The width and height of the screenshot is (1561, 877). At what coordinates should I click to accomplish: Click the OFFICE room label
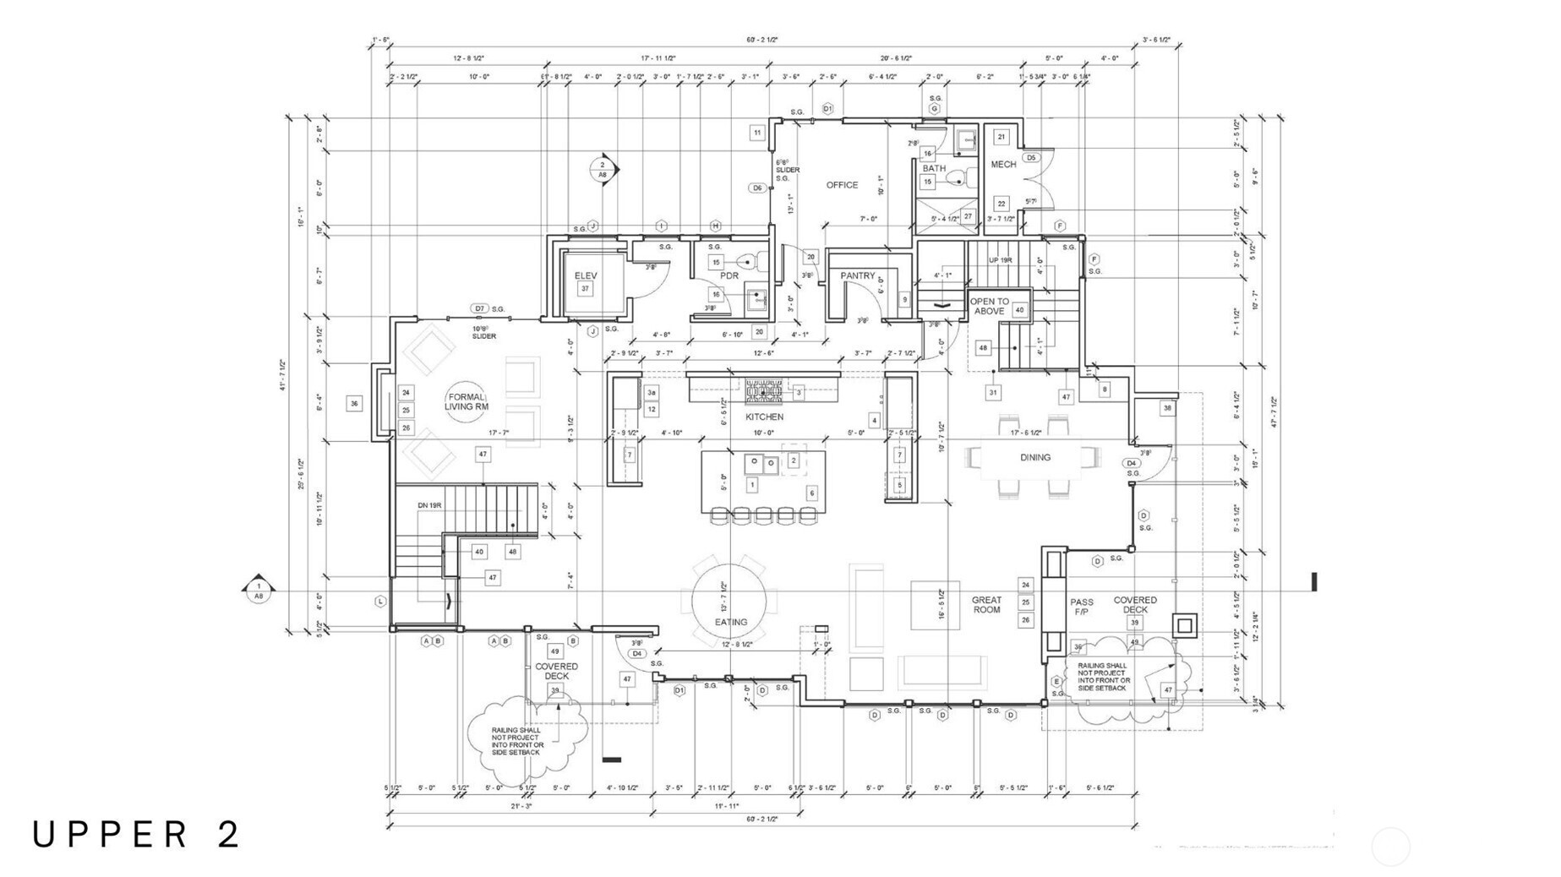pyautogui.click(x=841, y=185)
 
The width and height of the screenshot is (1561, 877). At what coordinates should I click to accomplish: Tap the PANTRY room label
pyautogui.click(x=857, y=276)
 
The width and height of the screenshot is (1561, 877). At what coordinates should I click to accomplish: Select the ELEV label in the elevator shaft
pyautogui.click(x=586, y=276)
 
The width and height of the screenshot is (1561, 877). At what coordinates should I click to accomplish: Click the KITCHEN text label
pyautogui.click(x=764, y=417)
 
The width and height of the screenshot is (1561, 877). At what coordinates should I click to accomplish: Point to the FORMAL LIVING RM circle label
pyautogui.click(x=467, y=401)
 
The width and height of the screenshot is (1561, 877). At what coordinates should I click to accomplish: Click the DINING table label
pyautogui.click(x=1034, y=457)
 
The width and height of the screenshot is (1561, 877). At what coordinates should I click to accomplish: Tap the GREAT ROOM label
pyautogui.click(x=986, y=605)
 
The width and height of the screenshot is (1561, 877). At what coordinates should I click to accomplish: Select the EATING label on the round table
pyautogui.click(x=731, y=622)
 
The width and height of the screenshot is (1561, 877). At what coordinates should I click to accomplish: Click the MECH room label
pyautogui.click(x=1003, y=165)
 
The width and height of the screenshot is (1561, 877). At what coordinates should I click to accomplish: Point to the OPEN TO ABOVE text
pyautogui.click(x=989, y=306)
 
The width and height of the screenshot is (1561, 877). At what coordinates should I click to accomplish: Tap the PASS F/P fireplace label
pyautogui.click(x=1082, y=607)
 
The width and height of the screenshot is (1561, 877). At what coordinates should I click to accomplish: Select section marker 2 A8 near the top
pyautogui.click(x=603, y=169)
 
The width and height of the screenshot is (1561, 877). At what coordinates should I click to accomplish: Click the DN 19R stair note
pyautogui.click(x=429, y=505)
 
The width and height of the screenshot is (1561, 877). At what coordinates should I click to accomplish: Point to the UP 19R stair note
pyautogui.click(x=1000, y=260)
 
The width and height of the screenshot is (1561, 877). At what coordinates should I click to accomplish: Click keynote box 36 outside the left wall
pyautogui.click(x=354, y=404)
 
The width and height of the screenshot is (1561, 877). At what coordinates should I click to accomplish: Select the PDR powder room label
pyautogui.click(x=729, y=276)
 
